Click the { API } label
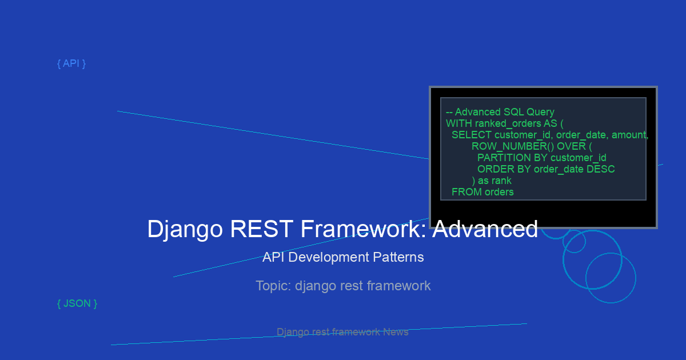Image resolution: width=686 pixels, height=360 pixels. click(71, 63)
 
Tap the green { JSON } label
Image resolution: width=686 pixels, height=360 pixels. click(77, 303)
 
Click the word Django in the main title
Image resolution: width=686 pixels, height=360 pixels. click(185, 229)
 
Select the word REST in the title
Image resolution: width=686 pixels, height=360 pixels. click(261, 229)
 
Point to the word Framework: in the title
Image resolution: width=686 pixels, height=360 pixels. click(363, 229)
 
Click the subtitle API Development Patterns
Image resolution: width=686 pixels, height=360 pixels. click(343, 257)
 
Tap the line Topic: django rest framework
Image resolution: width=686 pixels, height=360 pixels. click(343, 286)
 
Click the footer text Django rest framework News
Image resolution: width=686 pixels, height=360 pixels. click(342, 332)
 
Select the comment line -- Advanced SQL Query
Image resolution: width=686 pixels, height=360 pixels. click(500, 112)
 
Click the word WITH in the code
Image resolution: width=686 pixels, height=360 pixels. click(459, 123)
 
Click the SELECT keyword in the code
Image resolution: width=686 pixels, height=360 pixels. click(472, 135)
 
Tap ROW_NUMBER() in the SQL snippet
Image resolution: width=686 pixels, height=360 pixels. click(513, 146)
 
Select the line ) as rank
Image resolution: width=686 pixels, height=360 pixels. click(492, 181)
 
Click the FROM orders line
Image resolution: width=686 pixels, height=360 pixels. click(482, 192)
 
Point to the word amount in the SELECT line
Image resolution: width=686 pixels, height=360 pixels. click(629, 135)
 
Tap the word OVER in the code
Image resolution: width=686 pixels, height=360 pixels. click(571, 146)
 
